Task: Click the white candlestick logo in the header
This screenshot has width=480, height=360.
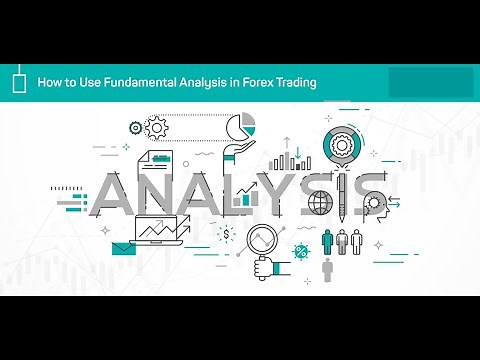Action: pyautogui.click(x=19, y=83)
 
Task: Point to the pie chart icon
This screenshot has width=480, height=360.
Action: pyautogui.click(x=240, y=127)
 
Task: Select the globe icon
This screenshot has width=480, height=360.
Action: pyautogui.click(x=320, y=203)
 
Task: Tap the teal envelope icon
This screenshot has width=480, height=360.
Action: pyautogui.click(x=123, y=248)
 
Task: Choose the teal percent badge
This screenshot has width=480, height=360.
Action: pyautogui.click(x=300, y=249)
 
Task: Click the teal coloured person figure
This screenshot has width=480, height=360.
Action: pyautogui.click(x=327, y=241)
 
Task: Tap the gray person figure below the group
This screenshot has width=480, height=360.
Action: pyautogui.click(x=327, y=270)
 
